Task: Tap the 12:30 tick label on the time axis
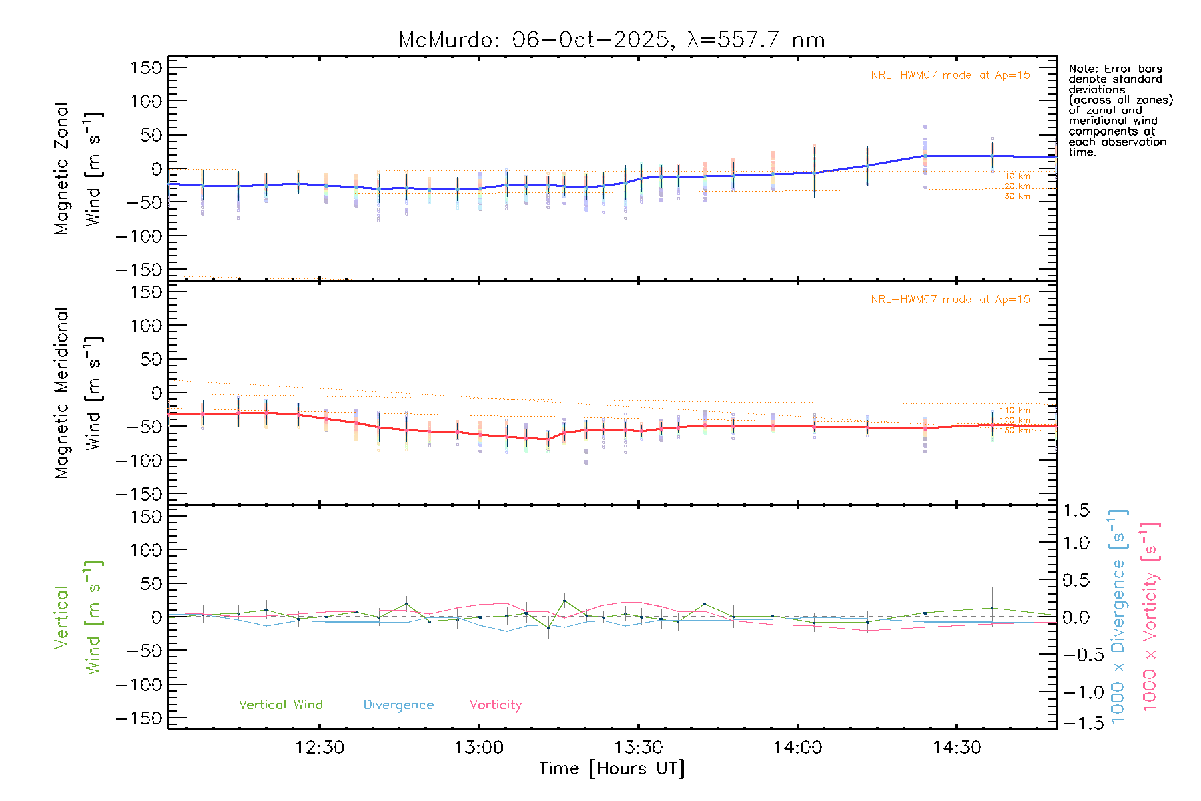pos(320,748)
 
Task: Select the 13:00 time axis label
pos(479,748)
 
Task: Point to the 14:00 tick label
pos(797,748)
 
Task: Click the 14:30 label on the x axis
pos(957,748)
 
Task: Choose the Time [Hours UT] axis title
pos(612,769)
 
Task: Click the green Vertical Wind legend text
pos(280,705)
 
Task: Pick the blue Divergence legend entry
pos(398,705)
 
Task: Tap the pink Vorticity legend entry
pos(495,705)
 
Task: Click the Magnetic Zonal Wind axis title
pos(79,169)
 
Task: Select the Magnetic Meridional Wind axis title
pos(79,393)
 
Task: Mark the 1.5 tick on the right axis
pos(1076,511)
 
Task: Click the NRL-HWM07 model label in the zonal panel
pos(950,75)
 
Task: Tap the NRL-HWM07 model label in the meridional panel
pos(950,300)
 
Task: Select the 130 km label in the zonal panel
pos(1014,196)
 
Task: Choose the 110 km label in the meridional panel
pos(1014,411)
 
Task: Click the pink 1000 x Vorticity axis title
pos(1150,617)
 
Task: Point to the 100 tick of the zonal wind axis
pos(146,101)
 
